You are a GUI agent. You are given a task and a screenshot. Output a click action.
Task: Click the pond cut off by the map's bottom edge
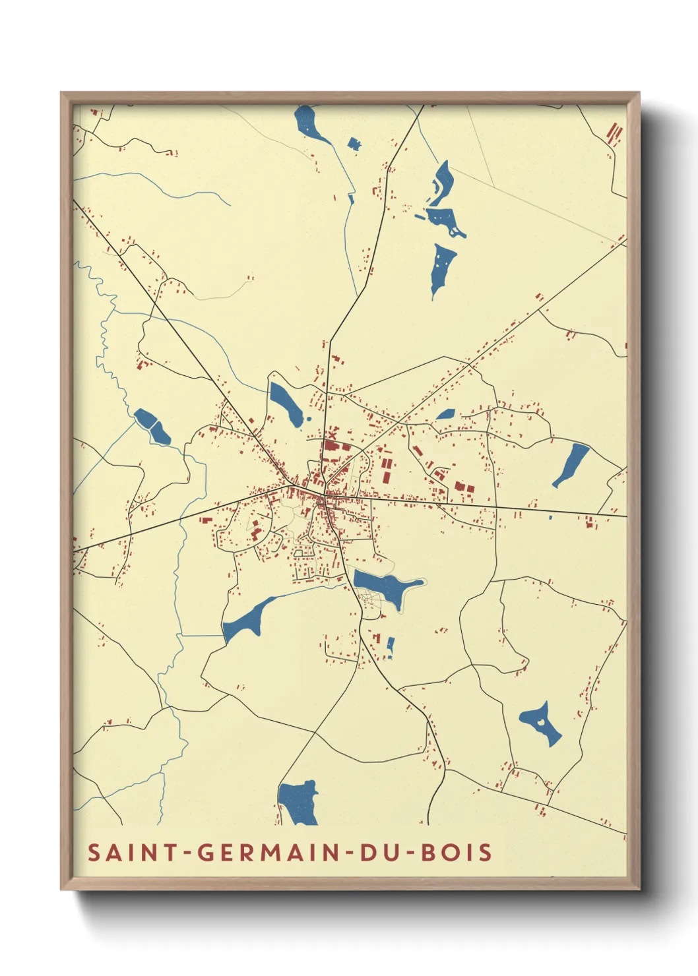point(298,803)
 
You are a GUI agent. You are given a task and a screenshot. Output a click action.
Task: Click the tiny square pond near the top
point(354,144)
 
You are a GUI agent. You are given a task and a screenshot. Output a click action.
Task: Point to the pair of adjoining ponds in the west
point(152,426)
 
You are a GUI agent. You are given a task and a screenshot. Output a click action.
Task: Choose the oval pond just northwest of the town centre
point(286,404)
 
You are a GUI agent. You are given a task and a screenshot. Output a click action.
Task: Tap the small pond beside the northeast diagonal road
point(445,414)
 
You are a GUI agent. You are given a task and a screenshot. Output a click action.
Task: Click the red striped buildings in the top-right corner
point(614,134)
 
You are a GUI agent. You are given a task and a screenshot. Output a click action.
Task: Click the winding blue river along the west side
point(106,343)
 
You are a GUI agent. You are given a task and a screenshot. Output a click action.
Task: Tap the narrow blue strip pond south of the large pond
point(390,646)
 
